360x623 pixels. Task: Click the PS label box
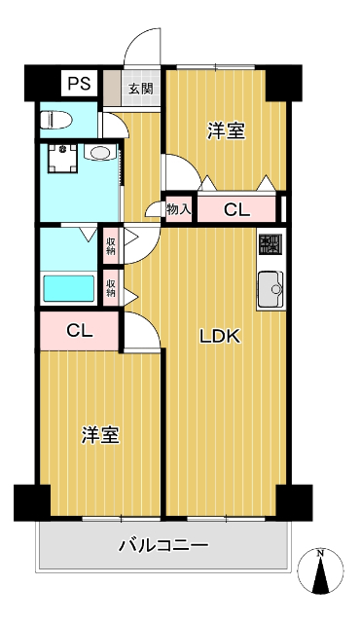click(78, 84)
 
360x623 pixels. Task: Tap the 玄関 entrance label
click(140, 89)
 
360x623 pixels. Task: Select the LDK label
click(220, 337)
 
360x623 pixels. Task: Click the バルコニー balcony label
click(164, 547)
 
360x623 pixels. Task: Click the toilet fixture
click(56, 121)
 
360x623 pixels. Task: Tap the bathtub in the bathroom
click(67, 289)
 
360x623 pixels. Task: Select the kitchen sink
click(270, 288)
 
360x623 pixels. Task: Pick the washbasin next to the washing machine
click(100, 153)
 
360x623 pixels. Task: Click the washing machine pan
click(64, 158)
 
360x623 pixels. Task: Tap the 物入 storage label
click(177, 208)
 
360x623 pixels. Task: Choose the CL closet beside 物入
click(236, 208)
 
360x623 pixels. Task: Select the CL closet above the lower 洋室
click(80, 330)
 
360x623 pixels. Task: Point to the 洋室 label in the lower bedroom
click(100, 435)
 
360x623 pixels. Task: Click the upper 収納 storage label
click(111, 244)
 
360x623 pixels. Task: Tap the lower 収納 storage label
click(111, 286)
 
